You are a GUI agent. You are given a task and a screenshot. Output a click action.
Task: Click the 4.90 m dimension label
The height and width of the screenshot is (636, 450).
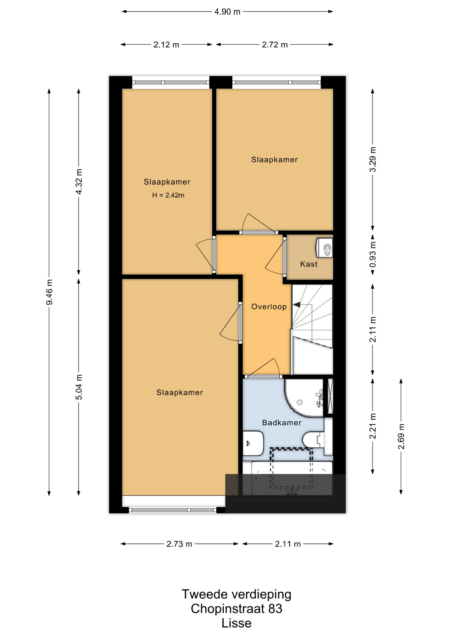point(227,12)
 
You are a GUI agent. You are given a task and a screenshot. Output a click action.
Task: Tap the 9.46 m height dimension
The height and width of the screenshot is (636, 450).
point(49,292)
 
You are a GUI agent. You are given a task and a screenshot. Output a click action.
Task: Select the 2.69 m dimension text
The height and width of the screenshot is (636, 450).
point(401,436)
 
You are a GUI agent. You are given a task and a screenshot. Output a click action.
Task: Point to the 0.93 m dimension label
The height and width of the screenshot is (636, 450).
point(373,254)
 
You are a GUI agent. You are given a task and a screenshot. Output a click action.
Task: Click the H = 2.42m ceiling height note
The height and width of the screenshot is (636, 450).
point(168,195)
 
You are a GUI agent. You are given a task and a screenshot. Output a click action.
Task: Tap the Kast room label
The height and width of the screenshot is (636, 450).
point(309,264)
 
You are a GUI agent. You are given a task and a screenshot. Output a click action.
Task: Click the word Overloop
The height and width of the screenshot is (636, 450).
point(269,306)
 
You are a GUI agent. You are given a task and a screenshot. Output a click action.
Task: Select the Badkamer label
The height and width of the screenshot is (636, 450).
point(282,422)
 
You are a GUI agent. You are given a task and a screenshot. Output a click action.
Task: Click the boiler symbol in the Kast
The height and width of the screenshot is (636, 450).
point(324,247)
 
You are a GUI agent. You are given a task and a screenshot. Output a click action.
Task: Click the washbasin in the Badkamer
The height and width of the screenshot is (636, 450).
point(253,443)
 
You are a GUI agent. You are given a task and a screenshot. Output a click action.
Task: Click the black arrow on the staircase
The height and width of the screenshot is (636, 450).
point(297,304)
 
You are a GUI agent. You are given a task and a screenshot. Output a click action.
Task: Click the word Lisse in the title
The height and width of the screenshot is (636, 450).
point(236,623)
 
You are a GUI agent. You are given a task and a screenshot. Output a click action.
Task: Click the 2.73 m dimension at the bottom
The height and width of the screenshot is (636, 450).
point(179,544)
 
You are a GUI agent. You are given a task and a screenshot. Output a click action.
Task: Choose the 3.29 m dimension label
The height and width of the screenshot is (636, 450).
point(373,159)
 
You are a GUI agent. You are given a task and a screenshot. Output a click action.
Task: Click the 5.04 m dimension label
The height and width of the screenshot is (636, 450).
point(79,387)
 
